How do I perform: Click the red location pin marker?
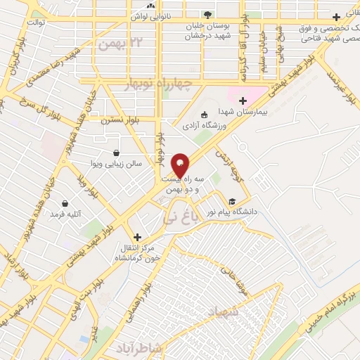180,165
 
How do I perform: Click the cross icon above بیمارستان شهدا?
243,101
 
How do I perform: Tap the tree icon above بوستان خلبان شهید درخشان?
207,15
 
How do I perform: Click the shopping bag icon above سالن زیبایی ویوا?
116,153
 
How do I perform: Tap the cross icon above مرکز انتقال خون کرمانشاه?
137,238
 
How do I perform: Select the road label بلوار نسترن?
116,120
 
